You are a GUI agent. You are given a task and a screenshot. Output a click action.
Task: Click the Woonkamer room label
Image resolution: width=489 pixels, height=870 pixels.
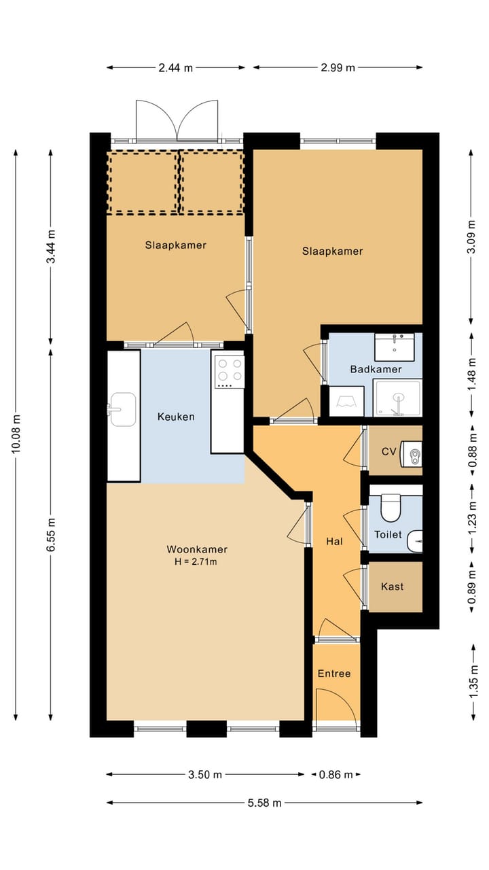point(197,549)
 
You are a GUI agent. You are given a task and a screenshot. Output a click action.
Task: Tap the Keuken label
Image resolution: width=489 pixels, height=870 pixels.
point(176,417)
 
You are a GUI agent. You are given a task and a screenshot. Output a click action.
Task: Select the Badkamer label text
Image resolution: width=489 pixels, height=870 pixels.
point(376,369)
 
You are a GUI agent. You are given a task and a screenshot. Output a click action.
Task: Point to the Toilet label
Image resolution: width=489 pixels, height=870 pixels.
point(388,535)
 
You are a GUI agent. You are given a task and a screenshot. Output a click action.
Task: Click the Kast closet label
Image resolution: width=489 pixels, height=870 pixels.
point(392,587)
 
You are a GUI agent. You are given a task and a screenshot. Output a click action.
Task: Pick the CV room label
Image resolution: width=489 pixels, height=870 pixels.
point(388,451)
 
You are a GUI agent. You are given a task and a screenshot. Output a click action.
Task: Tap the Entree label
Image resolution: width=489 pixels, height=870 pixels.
point(333,674)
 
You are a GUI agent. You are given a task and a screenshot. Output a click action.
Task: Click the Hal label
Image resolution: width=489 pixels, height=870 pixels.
point(334,542)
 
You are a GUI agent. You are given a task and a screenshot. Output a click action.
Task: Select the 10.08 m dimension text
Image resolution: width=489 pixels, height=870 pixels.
point(16,434)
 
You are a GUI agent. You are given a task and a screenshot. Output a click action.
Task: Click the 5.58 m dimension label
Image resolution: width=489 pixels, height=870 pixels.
point(264,803)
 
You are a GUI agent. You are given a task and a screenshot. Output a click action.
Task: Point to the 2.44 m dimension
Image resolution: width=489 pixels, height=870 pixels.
point(175,67)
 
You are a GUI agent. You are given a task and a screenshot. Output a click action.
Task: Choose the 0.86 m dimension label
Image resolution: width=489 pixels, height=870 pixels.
point(336,775)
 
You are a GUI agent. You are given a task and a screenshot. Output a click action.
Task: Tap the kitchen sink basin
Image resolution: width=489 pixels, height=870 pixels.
point(122,409)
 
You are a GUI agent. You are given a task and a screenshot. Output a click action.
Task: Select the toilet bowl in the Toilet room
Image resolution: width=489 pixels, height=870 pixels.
point(391,508)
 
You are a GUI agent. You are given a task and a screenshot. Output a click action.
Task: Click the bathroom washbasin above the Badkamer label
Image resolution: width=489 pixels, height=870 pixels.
point(395,347)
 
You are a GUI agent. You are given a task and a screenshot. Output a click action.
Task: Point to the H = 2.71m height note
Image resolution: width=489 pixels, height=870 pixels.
point(196,561)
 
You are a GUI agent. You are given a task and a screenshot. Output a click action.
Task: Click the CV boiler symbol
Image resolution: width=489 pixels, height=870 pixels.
point(412,453)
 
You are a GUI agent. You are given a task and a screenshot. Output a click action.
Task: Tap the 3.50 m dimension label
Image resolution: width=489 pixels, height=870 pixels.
point(205,775)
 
